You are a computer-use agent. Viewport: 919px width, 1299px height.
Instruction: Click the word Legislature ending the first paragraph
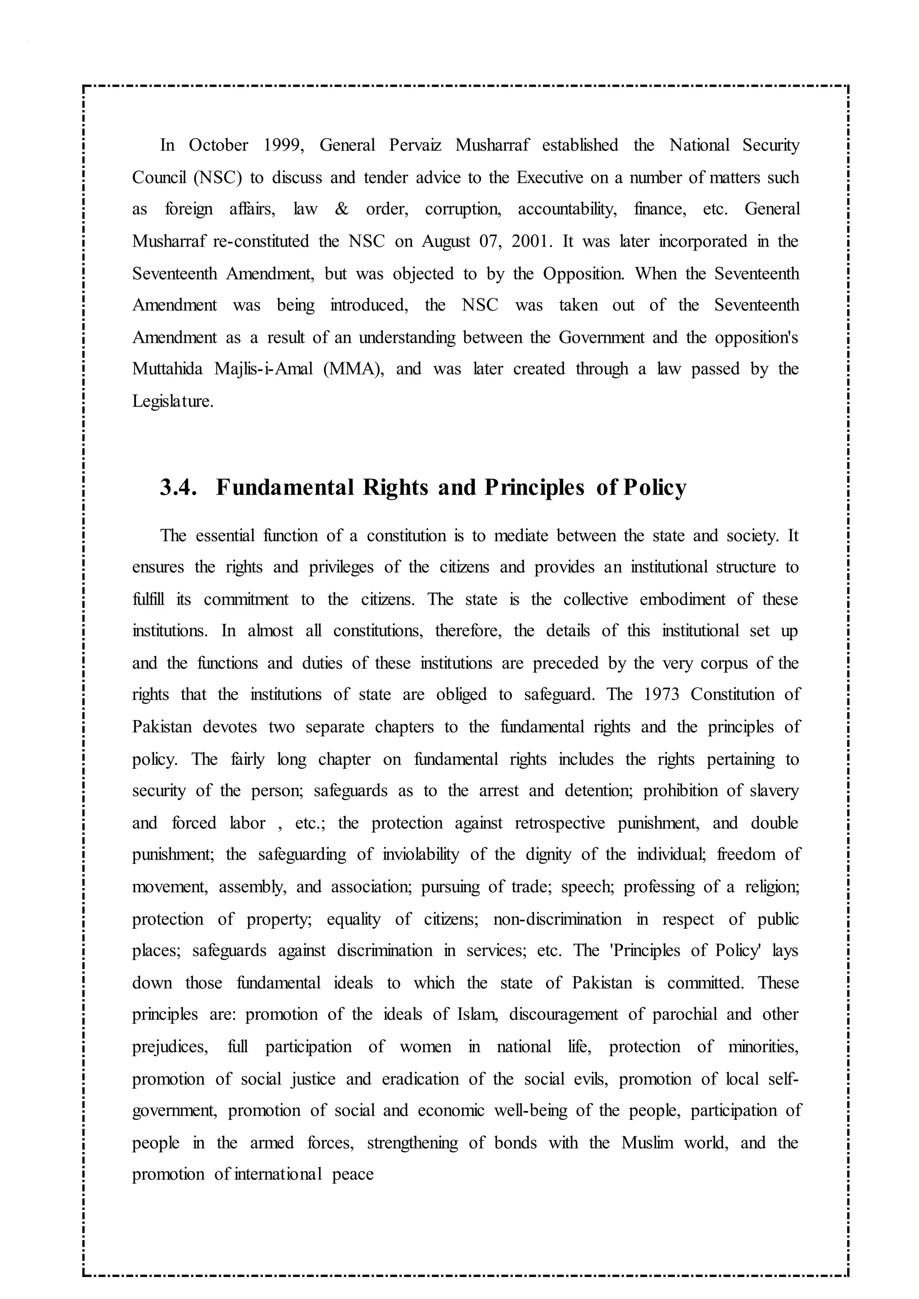pyautogui.click(x=173, y=401)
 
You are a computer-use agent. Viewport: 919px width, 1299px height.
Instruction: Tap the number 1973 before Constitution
pyautogui.click(x=661, y=694)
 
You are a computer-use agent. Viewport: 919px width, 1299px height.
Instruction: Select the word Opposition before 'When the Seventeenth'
pyautogui.click(x=583, y=274)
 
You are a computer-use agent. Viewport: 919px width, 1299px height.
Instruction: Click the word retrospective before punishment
pyautogui.click(x=560, y=823)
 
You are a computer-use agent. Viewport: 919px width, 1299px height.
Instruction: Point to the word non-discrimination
pyautogui.click(x=557, y=919)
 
